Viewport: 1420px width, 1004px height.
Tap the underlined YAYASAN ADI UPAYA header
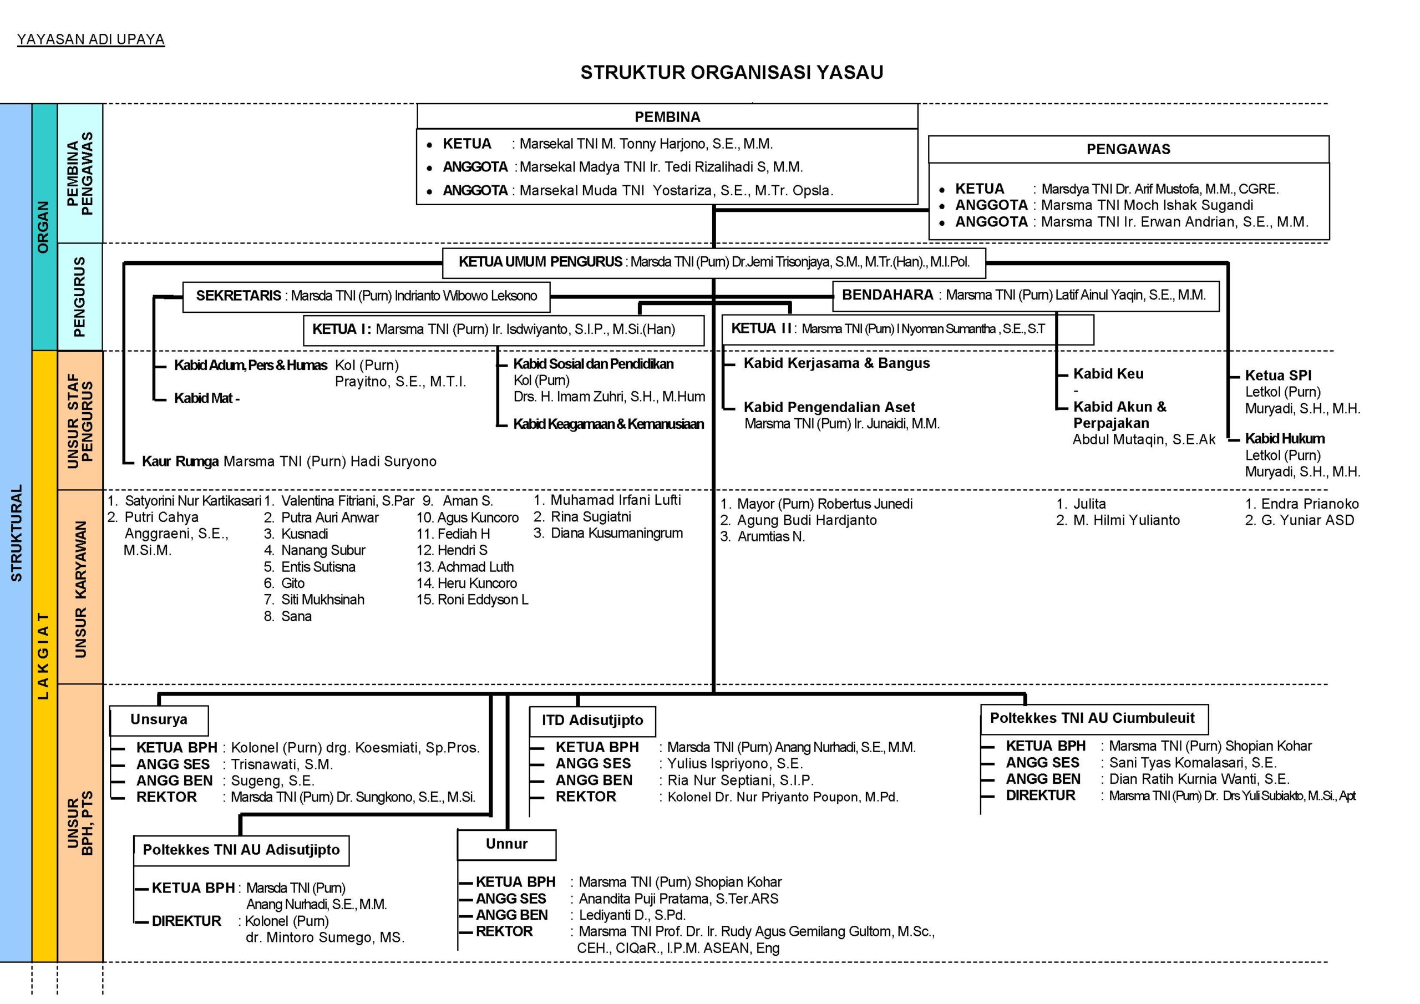[x=91, y=39]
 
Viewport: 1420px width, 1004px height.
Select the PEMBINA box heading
[x=667, y=117]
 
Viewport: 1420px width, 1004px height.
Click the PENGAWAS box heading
[x=1128, y=149]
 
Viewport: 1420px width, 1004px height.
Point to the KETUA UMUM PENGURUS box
[x=714, y=262]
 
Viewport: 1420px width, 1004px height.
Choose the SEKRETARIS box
[x=366, y=296]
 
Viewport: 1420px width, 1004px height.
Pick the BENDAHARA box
[x=1025, y=295]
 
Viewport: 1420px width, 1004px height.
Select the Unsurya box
[x=159, y=719]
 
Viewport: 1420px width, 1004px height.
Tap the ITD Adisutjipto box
[x=592, y=720]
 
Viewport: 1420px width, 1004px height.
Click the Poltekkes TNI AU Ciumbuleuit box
[x=1093, y=718]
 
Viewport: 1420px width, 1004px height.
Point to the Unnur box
[x=506, y=844]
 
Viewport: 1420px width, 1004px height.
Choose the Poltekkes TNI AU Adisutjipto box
[x=241, y=850]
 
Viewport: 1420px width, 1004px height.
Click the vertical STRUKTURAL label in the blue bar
[x=17, y=533]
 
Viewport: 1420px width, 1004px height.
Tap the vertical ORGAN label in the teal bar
[x=43, y=227]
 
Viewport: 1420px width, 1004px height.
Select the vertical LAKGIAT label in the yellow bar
[x=43, y=655]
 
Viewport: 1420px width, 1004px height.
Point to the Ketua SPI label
[x=1278, y=376]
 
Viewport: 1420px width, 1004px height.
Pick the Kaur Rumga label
[x=180, y=462]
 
